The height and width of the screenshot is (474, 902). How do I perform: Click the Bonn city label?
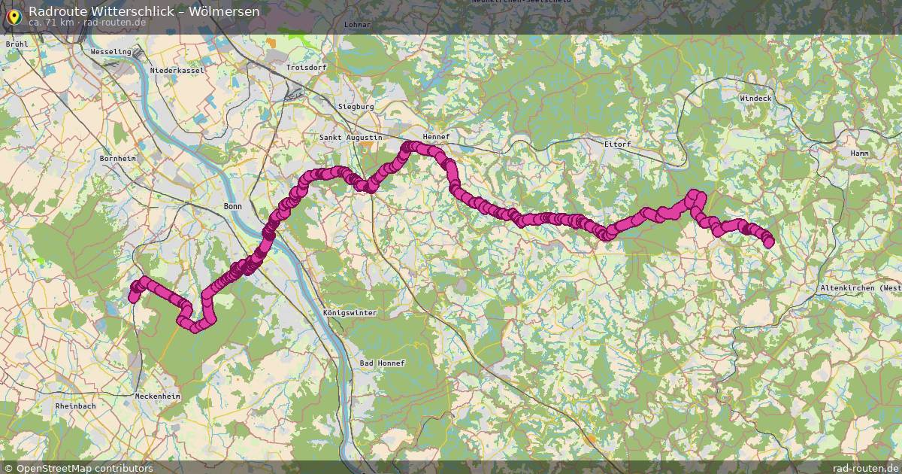pyautogui.click(x=233, y=205)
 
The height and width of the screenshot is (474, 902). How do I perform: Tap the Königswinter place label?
pyautogui.click(x=350, y=312)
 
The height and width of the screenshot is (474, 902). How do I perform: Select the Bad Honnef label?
pyautogui.click(x=382, y=363)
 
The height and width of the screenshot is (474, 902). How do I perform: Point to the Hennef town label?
pyautogui.click(x=436, y=137)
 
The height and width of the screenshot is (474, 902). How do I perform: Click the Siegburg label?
pyautogui.click(x=356, y=107)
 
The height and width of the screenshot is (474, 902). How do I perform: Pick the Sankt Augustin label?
pyautogui.click(x=351, y=138)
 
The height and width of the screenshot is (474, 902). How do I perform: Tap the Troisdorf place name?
pyautogui.click(x=307, y=68)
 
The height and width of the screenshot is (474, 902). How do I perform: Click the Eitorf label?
pyautogui.click(x=617, y=144)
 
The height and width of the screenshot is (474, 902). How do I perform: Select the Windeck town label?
pyautogui.click(x=755, y=99)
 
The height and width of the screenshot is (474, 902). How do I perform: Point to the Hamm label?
pyautogui.click(x=859, y=153)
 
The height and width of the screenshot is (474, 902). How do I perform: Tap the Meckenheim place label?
pyautogui.click(x=158, y=397)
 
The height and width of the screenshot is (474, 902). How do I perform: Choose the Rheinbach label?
pyautogui.click(x=75, y=406)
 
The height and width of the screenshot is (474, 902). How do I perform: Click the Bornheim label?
pyautogui.click(x=118, y=159)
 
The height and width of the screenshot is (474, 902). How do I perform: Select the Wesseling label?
pyautogui.click(x=110, y=52)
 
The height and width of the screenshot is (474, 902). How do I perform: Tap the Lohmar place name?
pyautogui.click(x=356, y=25)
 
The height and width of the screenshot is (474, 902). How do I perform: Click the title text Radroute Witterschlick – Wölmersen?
pyautogui.click(x=144, y=11)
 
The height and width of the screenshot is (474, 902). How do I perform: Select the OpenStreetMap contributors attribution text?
pyautogui.click(x=84, y=468)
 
